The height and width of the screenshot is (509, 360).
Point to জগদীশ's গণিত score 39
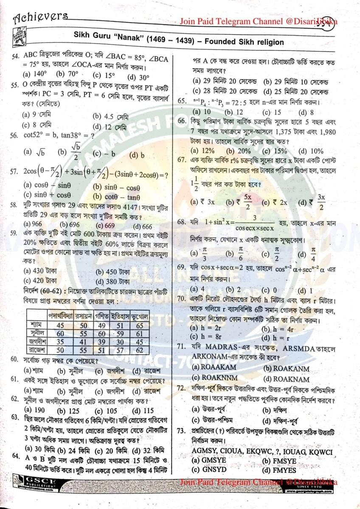(101, 341)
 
